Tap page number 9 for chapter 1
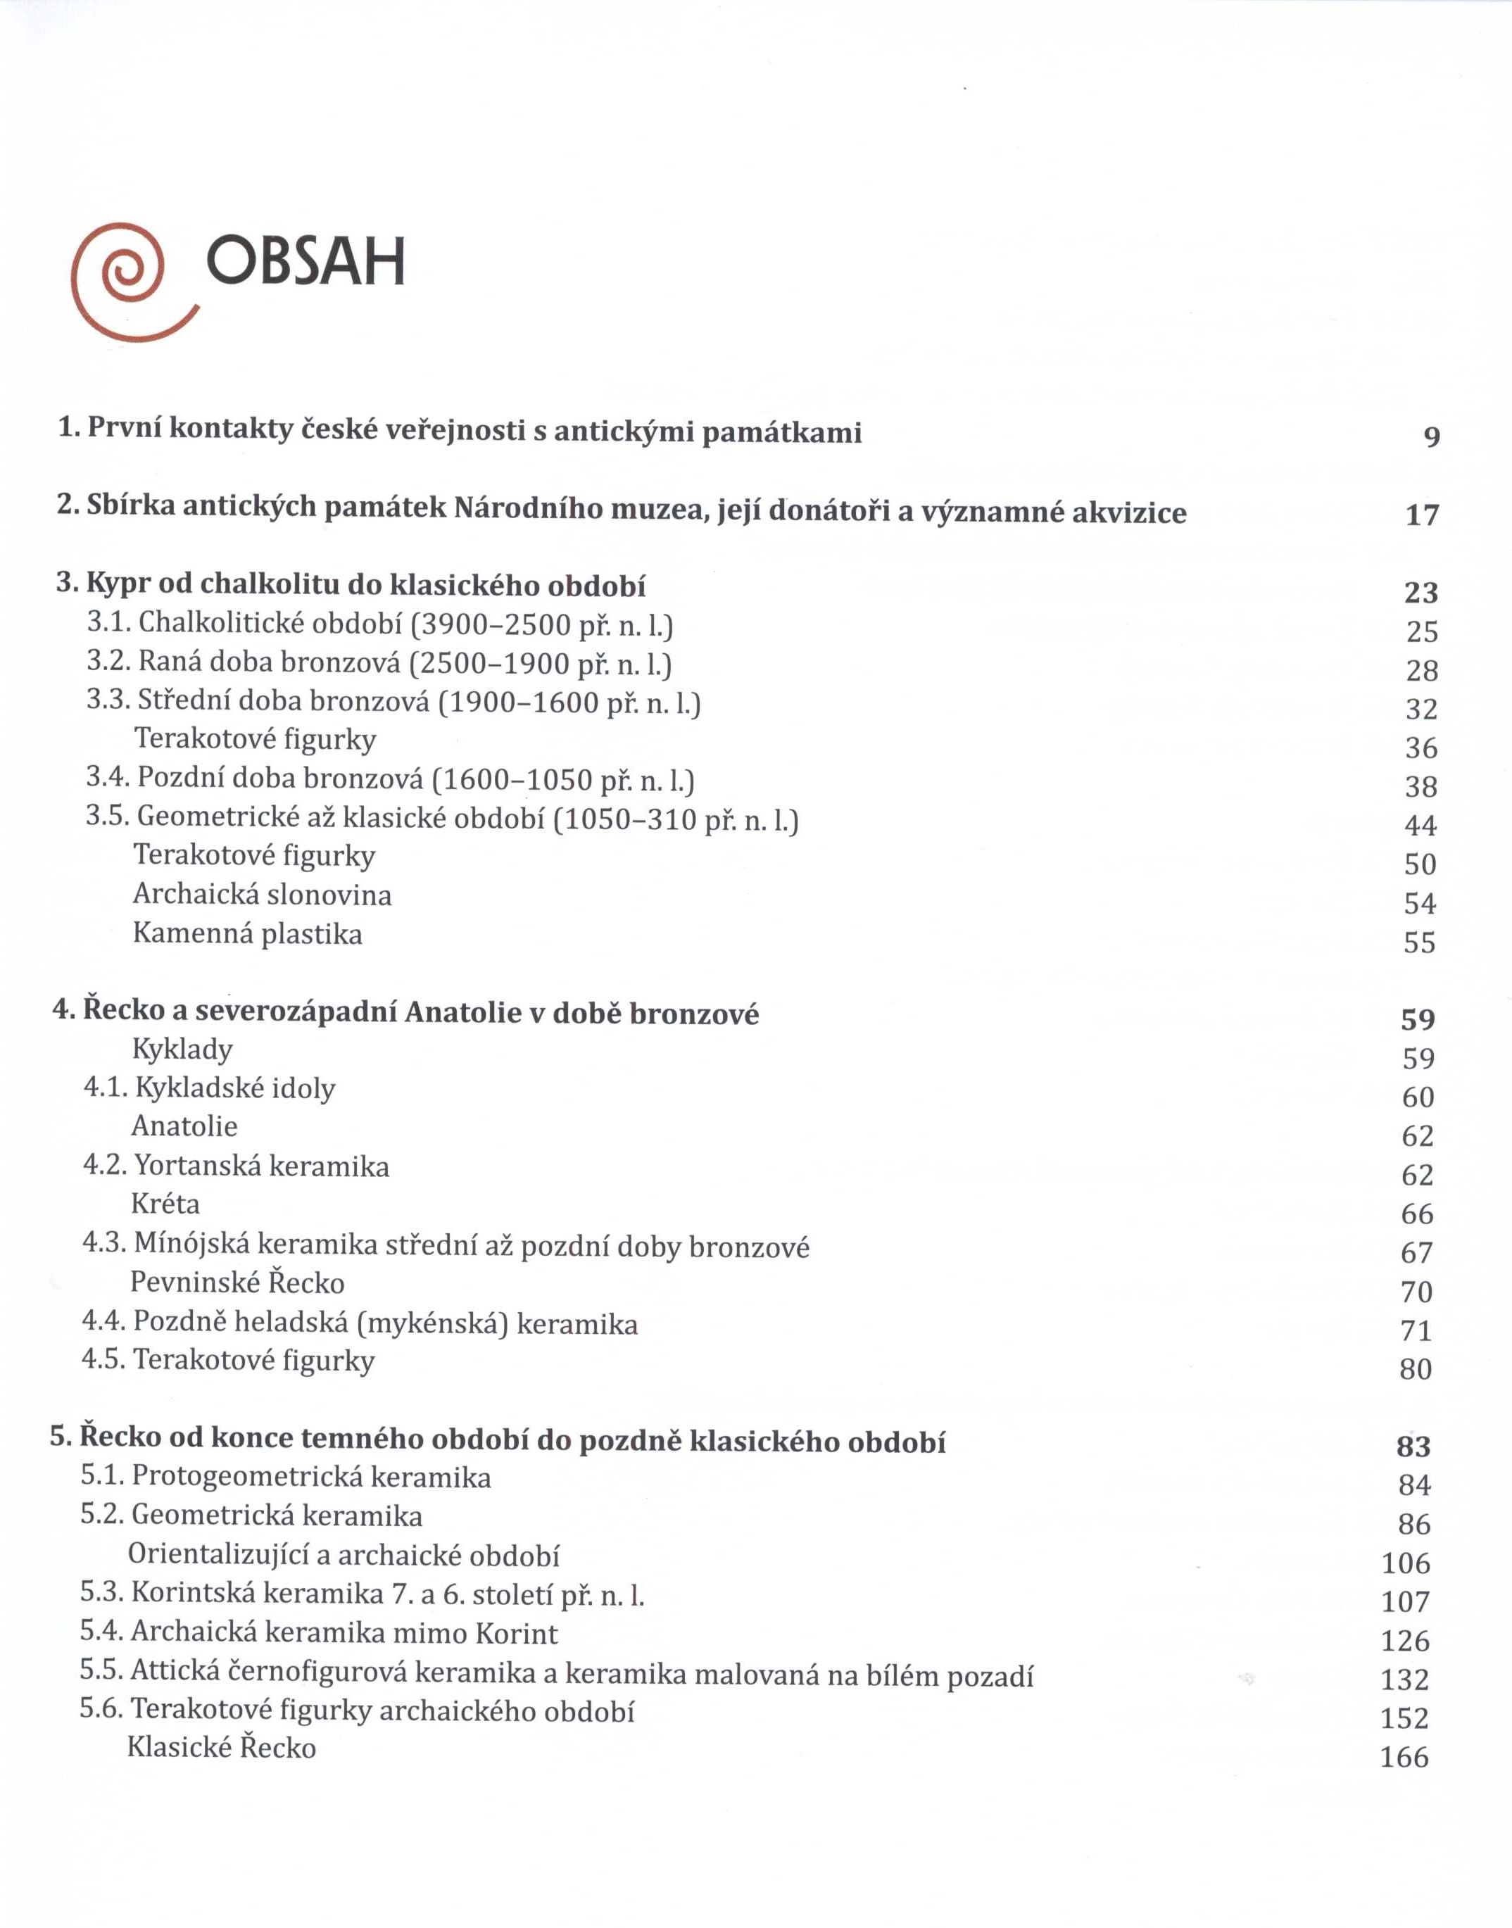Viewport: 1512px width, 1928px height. [x=1432, y=436]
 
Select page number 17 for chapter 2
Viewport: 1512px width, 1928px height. [x=1423, y=515]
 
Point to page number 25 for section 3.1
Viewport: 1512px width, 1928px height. [x=1422, y=631]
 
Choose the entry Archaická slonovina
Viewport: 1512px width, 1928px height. [x=262, y=894]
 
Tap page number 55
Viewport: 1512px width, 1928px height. [x=1419, y=942]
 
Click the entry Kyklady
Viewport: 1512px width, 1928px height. [x=182, y=1049]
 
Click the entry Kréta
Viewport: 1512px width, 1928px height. [x=165, y=1204]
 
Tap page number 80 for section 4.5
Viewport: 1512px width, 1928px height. [x=1416, y=1369]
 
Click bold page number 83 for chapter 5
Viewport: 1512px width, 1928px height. [x=1413, y=1447]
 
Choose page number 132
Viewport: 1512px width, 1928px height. [x=1405, y=1680]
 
